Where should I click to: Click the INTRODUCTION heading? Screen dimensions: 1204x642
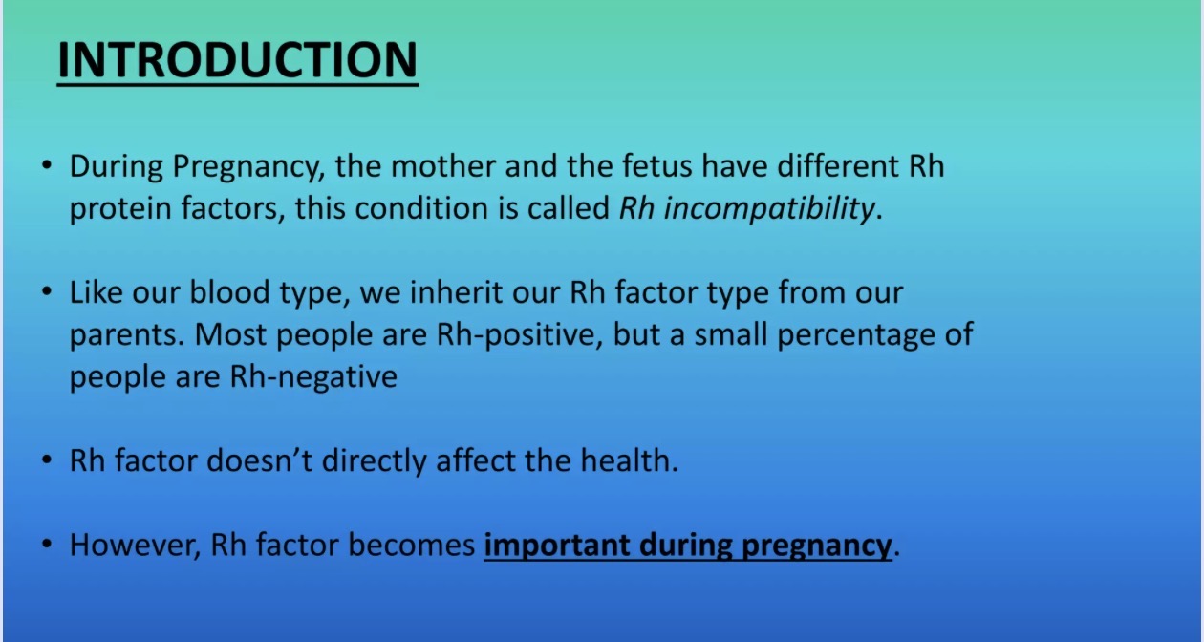pyautogui.click(x=237, y=60)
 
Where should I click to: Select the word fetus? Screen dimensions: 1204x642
pyautogui.click(x=657, y=165)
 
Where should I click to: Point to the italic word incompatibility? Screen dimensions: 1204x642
pyautogui.click(x=769, y=209)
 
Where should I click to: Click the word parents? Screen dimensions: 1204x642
pyautogui.click(x=127, y=335)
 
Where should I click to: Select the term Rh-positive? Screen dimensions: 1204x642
pyautogui.click(x=519, y=335)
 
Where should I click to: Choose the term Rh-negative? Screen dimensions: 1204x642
pyautogui.click(x=313, y=377)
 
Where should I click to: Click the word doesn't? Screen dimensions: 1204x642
pyautogui.click(x=260, y=460)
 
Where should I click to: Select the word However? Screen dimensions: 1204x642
pyautogui.click(x=136, y=546)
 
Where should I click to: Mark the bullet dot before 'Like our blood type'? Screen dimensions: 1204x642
pyautogui.click(x=48, y=292)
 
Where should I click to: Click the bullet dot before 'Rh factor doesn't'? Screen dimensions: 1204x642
pyautogui.click(x=48, y=460)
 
